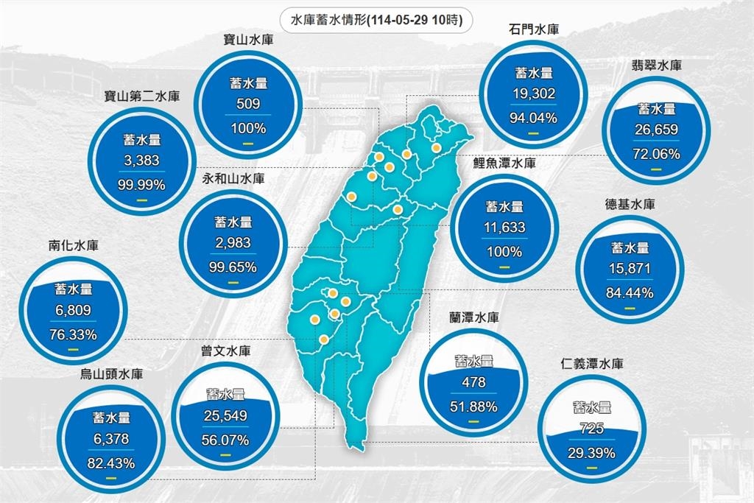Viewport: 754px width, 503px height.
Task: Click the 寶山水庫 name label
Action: [249, 40]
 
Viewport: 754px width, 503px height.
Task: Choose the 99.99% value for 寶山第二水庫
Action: [141, 184]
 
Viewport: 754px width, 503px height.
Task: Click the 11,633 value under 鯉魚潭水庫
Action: [504, 228]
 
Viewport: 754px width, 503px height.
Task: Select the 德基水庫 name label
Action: [630, 204]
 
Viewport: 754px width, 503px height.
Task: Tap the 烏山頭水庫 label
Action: [112, 374]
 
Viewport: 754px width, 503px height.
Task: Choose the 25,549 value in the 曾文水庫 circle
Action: [225, 418]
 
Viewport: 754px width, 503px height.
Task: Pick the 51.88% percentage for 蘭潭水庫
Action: [473, 406]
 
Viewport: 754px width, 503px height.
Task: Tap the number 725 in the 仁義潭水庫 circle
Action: [592, 428]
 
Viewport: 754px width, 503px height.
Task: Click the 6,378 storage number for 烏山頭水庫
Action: [112, 440]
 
